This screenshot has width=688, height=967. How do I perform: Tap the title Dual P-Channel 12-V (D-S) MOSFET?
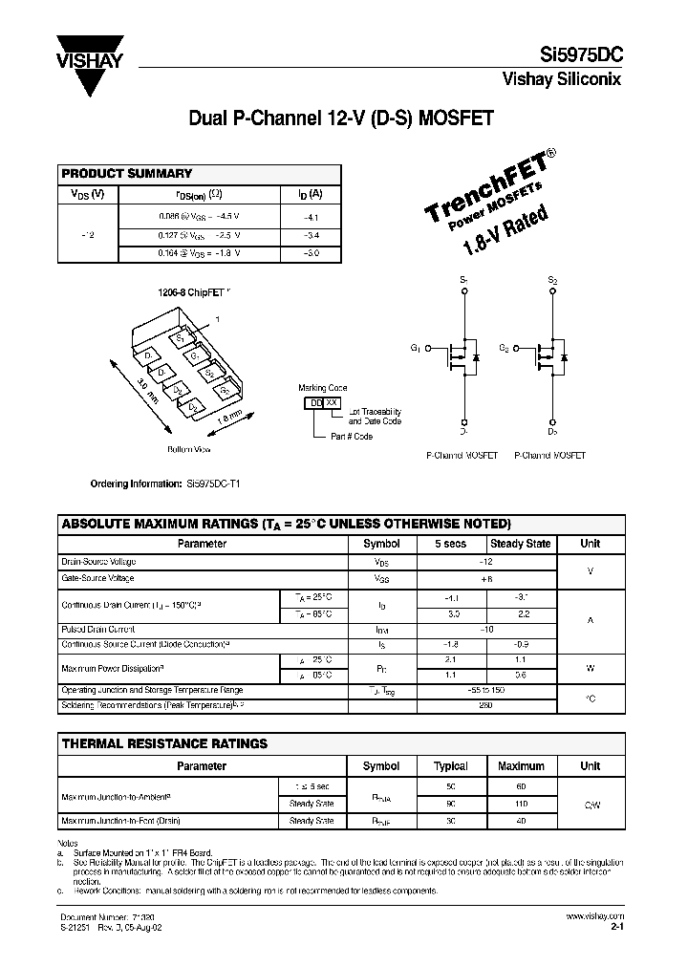click(340, 119)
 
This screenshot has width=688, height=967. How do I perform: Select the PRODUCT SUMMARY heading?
click(127, 174)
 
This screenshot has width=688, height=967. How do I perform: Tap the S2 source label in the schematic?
click(551, 281)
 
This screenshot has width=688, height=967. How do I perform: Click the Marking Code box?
click(322, 403)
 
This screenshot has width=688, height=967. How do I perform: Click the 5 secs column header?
click(450, 544)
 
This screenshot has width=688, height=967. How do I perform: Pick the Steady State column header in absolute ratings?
click(520, 544)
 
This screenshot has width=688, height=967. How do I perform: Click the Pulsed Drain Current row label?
click(98, 630)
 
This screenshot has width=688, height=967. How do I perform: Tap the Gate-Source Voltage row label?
click(98, 578)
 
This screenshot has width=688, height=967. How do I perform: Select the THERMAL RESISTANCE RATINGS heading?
click(164, 742)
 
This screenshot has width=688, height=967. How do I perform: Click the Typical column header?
click(450, 766)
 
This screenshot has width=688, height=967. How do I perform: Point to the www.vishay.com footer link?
click(600, 915)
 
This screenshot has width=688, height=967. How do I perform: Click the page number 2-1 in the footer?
click(616, 926)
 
